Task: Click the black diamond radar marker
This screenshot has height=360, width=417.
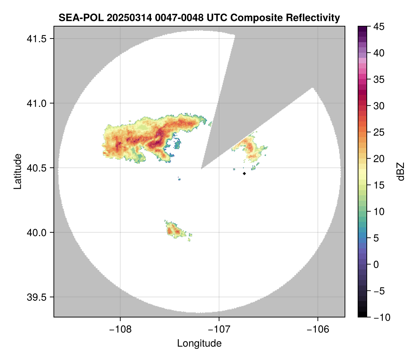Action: tap(244, 173)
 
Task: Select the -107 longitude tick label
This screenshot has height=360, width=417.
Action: tap(219, 329)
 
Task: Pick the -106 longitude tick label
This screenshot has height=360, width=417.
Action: tap(318, 329)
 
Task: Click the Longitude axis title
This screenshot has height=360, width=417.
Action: tap(199, 343)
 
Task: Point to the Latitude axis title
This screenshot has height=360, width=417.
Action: tap(17, 171)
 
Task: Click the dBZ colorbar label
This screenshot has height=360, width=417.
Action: tap(401, 172)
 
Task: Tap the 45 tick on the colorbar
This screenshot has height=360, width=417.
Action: tap(378, 27)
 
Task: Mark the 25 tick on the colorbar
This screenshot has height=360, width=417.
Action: tap(378, 132)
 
